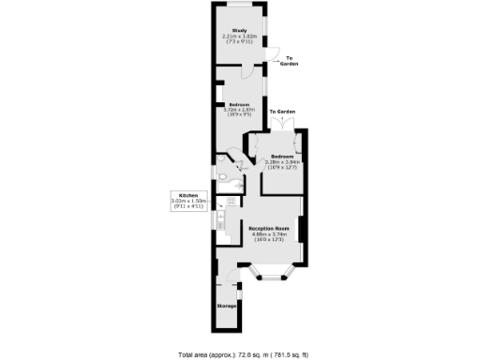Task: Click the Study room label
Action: click(239, 31)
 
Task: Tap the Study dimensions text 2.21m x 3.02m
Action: click(239, 37)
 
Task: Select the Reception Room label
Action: click(268, 229)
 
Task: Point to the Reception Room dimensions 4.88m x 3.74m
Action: click(268, 235)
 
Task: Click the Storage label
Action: click(226, 307)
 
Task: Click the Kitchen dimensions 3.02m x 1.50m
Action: click(181, 202)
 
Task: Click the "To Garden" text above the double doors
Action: click(282, 112)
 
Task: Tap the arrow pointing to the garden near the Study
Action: click(277, 53)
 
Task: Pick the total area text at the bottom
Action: click(239, 353)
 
